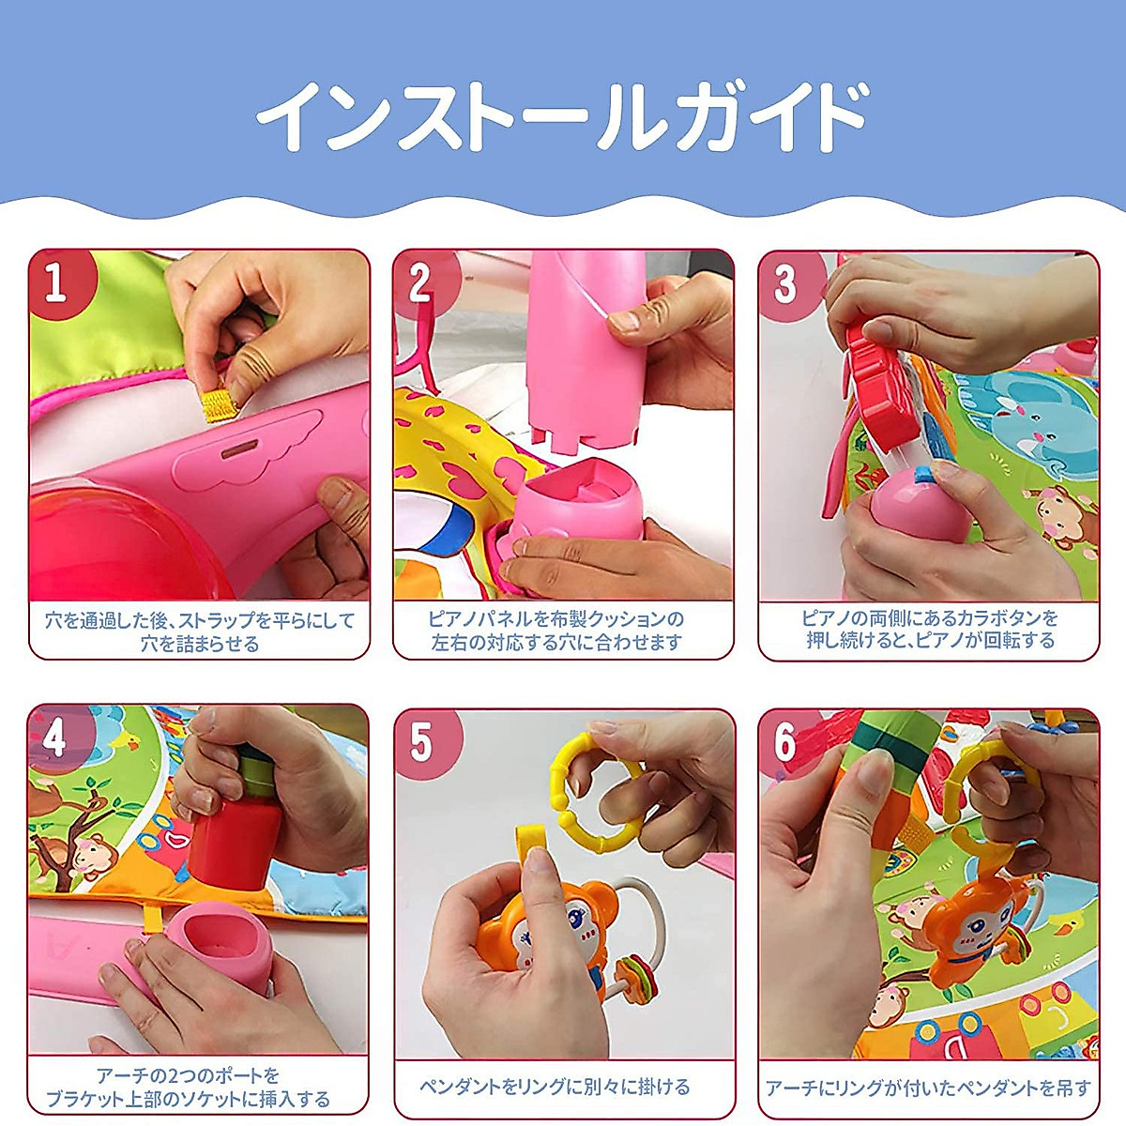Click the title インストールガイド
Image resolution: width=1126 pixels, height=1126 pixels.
562,117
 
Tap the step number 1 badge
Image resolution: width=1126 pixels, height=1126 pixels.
56,281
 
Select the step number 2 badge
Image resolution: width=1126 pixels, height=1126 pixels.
421,281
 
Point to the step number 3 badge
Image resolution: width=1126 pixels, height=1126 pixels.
785,282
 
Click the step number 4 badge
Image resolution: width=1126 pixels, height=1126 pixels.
55,738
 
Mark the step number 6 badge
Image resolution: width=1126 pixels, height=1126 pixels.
785,743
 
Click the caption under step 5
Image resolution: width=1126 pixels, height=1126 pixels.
555,1087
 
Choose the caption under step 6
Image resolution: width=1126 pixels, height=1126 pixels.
927,1088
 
